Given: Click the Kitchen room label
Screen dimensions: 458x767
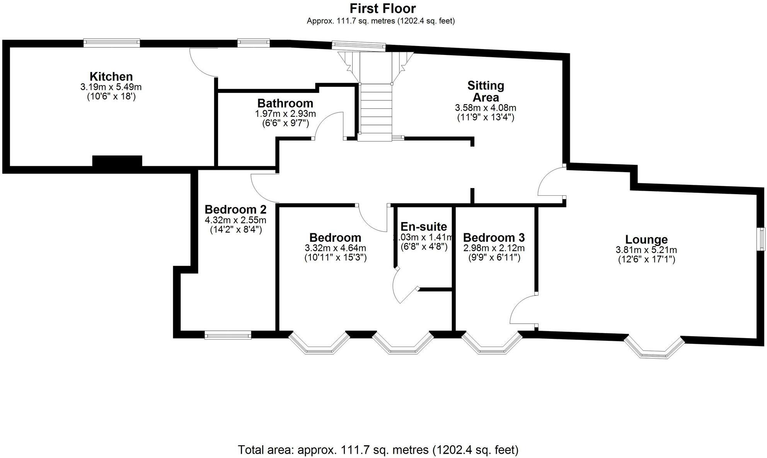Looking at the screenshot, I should click(111, 76).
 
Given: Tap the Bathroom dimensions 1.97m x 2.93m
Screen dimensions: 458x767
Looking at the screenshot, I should click(285, 114).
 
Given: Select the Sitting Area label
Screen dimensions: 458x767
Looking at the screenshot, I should click(486, 91).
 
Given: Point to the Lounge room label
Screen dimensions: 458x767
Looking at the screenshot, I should click(646, 239).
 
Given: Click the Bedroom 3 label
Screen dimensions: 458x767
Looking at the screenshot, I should click(494, 237).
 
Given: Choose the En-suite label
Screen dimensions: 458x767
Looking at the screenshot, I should click(423, 226).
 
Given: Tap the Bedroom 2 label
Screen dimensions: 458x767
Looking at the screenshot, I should click(235, 209).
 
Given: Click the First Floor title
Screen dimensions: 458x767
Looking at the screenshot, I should click(383, 8).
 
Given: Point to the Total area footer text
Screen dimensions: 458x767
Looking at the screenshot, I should click(378, 449).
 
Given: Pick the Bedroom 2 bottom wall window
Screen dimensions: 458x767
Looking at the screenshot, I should click(228, 335).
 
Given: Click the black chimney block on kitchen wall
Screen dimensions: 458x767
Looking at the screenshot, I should click(117, 161).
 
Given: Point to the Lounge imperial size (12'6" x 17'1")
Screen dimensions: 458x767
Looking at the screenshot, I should click(646, 259).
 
